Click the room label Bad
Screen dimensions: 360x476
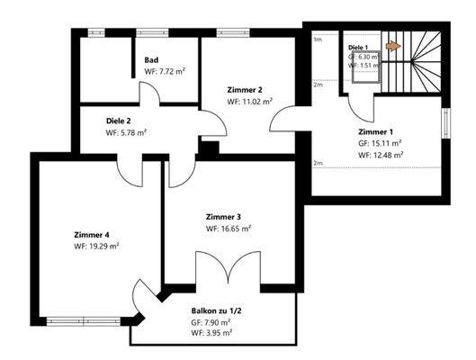coord(152,60)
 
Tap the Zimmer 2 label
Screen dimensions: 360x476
coord(245,90)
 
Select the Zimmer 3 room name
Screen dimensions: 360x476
coord(224,217)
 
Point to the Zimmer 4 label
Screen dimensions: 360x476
coord(92,234)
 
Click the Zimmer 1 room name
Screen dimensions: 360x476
coord(376,130)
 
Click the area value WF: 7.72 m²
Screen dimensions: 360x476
coord(165,71)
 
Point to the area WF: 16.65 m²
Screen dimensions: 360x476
coord(228,229)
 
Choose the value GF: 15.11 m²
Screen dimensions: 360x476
coord(380,142)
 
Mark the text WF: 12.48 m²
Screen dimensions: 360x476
coord(380,154)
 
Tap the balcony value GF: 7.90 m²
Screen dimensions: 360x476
coord(211,321)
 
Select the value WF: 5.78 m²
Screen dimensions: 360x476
coord(126,132)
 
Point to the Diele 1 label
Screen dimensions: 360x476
coord(359,46)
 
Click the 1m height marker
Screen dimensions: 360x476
coord(317,40)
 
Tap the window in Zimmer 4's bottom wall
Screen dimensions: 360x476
coord(85,318)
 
